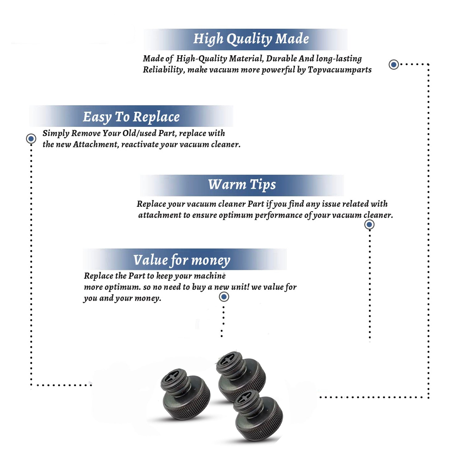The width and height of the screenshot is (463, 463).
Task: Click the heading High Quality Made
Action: [251, 39]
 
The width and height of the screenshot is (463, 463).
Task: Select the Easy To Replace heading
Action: [131, 117]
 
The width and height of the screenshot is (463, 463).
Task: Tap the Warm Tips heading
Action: [242, 185]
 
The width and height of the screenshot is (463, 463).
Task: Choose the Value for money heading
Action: [182, 260]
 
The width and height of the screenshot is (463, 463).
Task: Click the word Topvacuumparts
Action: [340, 70]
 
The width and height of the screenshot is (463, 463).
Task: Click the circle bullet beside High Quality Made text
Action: [394, 65]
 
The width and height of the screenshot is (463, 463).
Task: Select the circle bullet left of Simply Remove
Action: [31, 139]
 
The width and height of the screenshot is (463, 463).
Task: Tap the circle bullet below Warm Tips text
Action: [369, 224]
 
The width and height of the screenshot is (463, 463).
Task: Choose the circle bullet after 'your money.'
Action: [224, 297]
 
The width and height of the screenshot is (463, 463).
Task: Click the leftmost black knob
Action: [185, 394]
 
